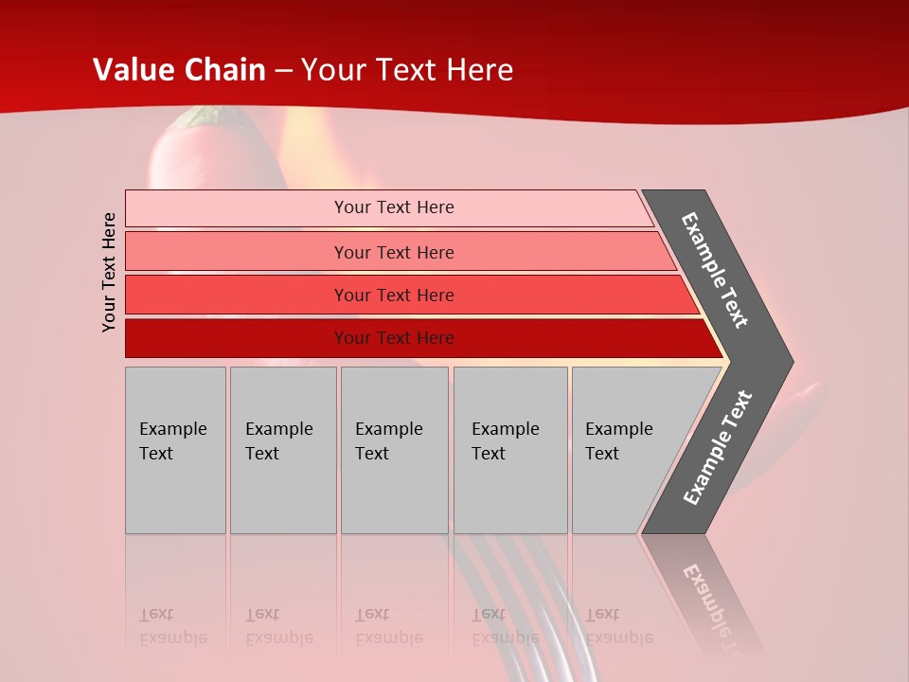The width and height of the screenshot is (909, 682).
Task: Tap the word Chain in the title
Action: click(226, 70)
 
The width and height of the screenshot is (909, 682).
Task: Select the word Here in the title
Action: click(479, 70)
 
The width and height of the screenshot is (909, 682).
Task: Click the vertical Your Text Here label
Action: click(109, 273)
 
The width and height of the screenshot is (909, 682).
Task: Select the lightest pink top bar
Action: click(388, 207)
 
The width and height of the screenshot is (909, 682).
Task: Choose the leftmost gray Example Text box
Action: click(175, 450)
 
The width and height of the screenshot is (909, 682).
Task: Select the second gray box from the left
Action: click(283, 450)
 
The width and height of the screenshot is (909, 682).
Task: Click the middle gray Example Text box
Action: click(394, 450)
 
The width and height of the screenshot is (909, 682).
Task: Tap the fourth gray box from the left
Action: click(510, 450)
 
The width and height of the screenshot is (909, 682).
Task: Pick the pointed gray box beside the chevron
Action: click(625, 450)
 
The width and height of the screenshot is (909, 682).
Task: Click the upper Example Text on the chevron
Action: click(715, 270)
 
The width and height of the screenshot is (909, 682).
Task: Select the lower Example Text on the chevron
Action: click(718, 447)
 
